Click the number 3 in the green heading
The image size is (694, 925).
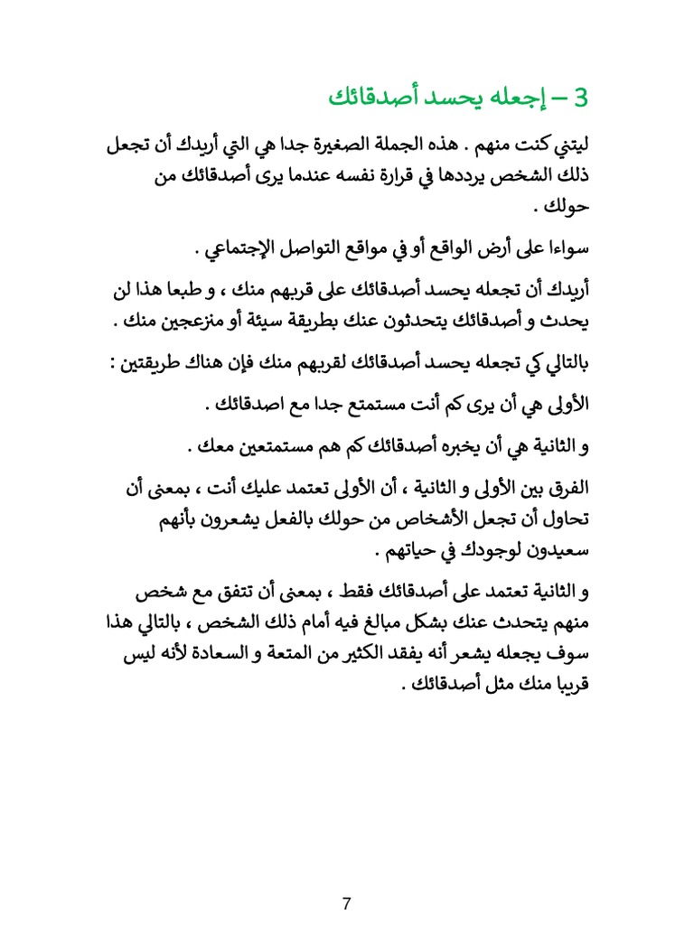click(580, 97)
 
